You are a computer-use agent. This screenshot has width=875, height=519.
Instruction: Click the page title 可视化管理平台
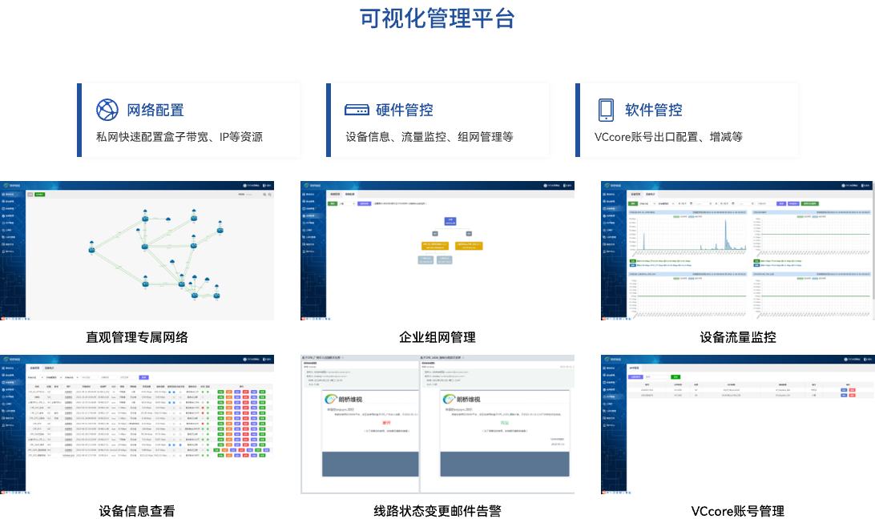437,18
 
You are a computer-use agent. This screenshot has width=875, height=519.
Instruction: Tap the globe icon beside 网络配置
107,110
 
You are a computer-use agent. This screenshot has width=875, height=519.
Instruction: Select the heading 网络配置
155,111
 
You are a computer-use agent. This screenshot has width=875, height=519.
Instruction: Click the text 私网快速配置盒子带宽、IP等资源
179,137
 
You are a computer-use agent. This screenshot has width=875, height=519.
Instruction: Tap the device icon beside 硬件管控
357,110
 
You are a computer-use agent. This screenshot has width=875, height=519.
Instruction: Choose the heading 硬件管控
405,111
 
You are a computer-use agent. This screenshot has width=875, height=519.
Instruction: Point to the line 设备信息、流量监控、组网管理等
429,137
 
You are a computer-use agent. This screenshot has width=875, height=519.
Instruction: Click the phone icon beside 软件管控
606,110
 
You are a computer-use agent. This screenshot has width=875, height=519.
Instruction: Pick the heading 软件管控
654,111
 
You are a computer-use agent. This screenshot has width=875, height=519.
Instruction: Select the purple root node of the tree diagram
450,220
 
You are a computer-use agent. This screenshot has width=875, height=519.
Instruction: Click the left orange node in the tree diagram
426,245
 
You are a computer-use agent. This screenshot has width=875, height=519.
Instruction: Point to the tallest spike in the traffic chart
726,232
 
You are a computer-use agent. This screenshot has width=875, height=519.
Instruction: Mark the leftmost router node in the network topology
92,250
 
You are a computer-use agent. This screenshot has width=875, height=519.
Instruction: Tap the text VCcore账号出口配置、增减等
668,137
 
